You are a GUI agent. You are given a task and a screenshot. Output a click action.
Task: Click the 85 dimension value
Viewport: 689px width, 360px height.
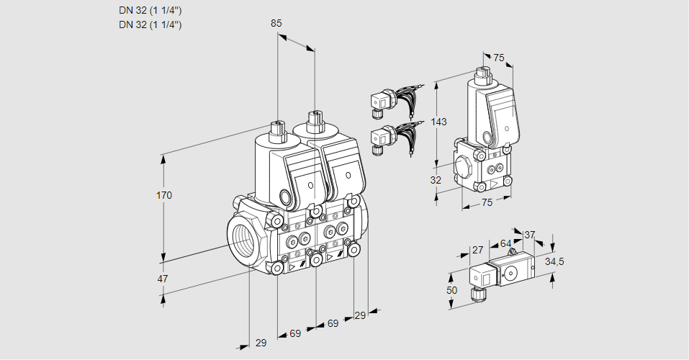[x=276, y=23]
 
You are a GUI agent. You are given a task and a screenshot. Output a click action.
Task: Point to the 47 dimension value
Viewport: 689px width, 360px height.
[x=163, y=278]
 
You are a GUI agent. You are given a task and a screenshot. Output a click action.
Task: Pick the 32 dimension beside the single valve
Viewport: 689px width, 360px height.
[x=436, y=180]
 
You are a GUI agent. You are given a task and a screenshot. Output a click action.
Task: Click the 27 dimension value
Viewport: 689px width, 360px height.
[x=477, y=250]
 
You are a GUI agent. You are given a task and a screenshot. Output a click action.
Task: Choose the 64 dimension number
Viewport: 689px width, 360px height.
[x=505, y=244]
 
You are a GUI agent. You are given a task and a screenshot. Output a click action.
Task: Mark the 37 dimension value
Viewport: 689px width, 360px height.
[x=529, y=235]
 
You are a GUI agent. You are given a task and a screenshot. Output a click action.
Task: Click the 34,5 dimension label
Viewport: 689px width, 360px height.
[x=554, y=261]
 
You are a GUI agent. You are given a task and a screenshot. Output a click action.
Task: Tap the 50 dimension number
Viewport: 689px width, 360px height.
[x=452, y=289]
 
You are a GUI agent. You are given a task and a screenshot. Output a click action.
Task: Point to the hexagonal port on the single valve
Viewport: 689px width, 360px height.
[x=463, y=166]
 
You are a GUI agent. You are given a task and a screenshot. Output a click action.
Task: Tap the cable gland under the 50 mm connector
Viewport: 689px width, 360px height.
[x=475, y=293]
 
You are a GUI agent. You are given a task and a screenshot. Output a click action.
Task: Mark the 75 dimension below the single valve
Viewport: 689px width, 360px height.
[x=487, y=202]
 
